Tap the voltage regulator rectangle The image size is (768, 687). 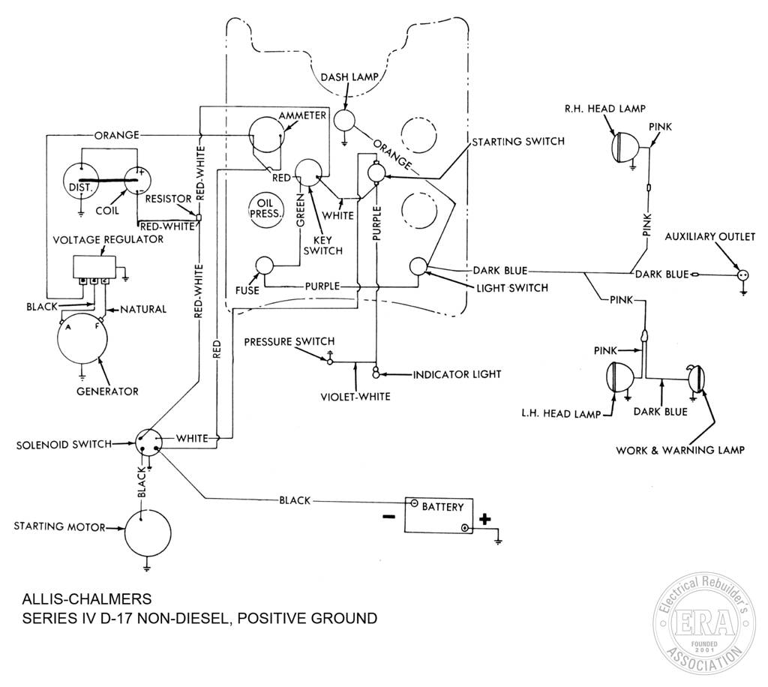[x=94, y=267]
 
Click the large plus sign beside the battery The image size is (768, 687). [x=484, y=519]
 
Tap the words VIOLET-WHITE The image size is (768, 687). [x=355, y=396]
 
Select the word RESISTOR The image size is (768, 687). [x=168, y=199]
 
